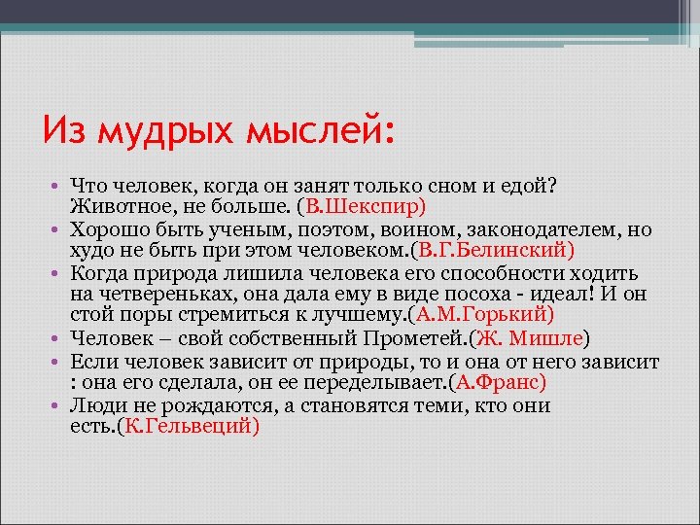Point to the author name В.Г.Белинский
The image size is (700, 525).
(x=498, y=248)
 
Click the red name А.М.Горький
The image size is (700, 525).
(x=482, y=314)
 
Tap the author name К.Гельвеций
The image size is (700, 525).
(x=187, y=426)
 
